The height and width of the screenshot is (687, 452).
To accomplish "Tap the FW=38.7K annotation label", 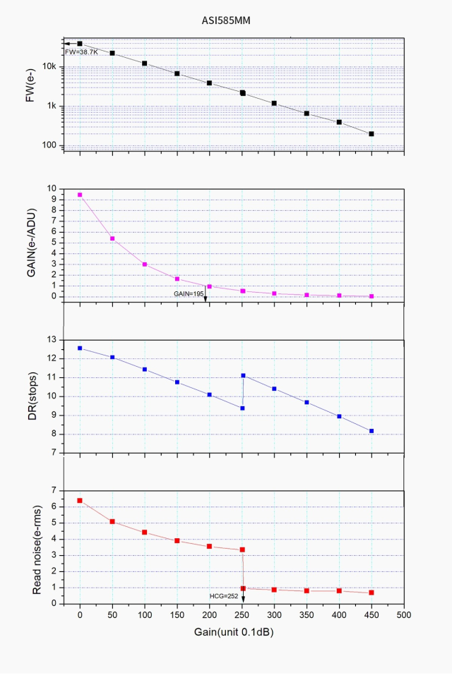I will (81, 52).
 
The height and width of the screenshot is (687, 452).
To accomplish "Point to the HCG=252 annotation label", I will (225, 596).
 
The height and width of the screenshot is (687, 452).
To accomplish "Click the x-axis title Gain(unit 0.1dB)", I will (233, 632).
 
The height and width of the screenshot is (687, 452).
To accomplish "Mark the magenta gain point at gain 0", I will (80, 195).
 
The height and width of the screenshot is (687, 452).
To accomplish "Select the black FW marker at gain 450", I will (371, 133).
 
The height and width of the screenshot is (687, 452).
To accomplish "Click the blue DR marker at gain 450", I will (371, 431).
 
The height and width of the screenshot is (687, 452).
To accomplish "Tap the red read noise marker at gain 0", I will (80, 500).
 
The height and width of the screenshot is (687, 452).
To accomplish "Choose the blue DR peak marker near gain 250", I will (243, 375).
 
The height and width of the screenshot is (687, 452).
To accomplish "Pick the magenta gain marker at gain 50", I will (112, 238).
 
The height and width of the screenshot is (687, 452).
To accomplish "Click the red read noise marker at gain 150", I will (177, 541).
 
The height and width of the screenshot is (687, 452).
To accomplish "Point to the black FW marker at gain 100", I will (145, 63).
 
